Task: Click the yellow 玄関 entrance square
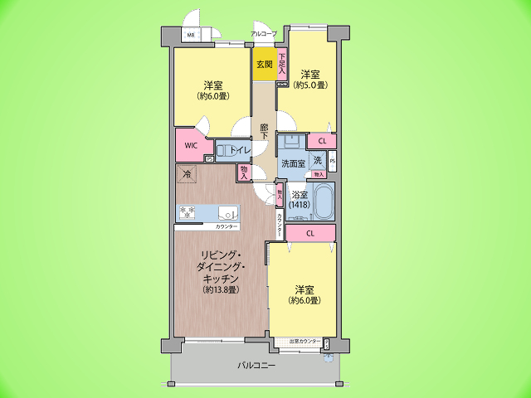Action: (x=265, y=65)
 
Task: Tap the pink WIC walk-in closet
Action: (x=190, y=145)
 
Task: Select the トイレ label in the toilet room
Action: (x=240, y=150)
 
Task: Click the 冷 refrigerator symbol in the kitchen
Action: (x=187, y=174)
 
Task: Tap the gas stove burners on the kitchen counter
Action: (x=186, y=212)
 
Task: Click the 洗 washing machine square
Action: (x=317, y=160)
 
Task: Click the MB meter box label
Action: (x=190, y=35)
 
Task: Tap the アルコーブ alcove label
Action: (x=265, y=34)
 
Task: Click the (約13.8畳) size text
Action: (x=221, y=290)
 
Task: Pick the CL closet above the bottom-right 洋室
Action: (x=309, y=234)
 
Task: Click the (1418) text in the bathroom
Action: (x=300, y=204)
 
